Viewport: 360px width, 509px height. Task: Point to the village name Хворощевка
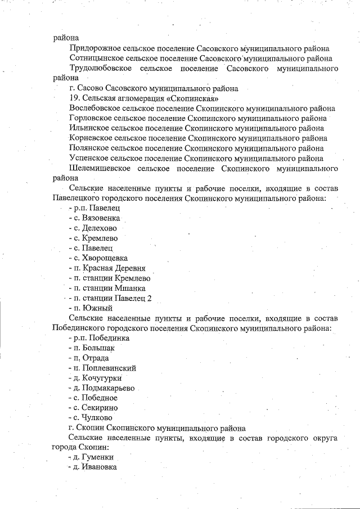[103, 258]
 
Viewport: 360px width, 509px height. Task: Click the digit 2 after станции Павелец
[150, 298]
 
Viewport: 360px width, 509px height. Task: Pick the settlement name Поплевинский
[108, 368]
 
